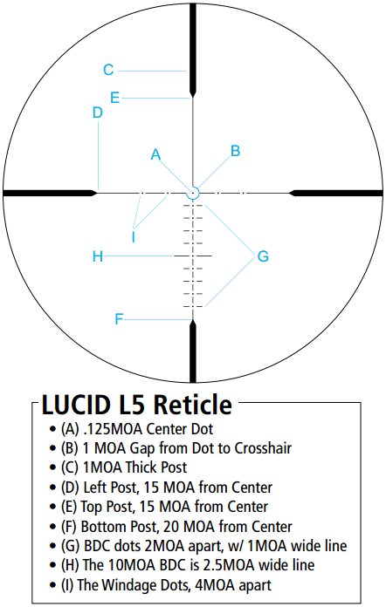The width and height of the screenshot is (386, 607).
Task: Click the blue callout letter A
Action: click(155, 154)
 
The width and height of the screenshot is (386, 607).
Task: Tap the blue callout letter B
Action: click(235, 151)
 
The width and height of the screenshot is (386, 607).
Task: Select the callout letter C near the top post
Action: click(108, 70)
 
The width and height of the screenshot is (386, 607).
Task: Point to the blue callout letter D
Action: click(98, 113)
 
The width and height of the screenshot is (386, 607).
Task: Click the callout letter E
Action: click(114, 98)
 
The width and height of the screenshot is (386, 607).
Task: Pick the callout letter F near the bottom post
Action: click(119, 319)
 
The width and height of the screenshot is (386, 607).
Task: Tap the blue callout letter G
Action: click(263, 256)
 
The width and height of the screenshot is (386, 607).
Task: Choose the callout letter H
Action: click(98, 256)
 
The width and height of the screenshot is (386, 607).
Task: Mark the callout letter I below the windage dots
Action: click(134, 237)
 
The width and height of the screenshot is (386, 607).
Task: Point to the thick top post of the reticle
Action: click(193, 50)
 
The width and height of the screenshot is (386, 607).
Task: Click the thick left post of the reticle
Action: click(50, 193)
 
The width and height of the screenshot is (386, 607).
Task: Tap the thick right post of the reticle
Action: click(336, 193)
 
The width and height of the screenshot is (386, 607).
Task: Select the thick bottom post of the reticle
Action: click(193, 351)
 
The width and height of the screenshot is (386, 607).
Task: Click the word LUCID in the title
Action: click(76, 405)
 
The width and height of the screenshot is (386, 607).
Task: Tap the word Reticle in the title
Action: click(193, 405)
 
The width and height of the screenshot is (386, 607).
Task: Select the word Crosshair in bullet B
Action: click(263, 448)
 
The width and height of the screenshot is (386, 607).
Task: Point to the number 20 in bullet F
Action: click(171, 527)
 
